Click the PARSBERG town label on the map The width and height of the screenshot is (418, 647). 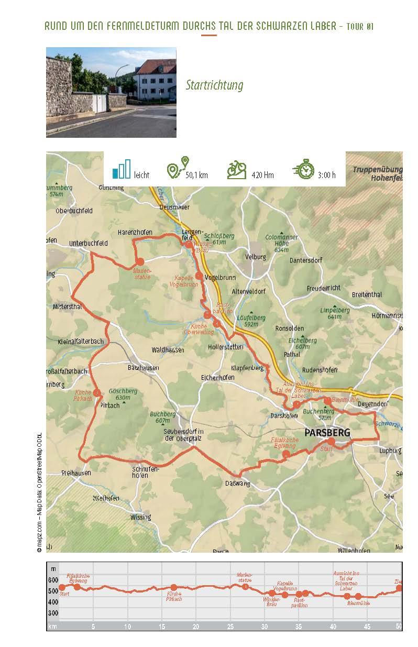pyautogui.click(x=327, y=432)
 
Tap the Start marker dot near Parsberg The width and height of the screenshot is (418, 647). pyautogui.click(x=331, y=442)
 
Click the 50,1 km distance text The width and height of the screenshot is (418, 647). pyautogui.click(x=196, y=175)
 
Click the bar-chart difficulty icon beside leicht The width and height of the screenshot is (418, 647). pyautogui.click(x=121, y=169)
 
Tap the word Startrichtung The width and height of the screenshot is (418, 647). pyautogui.click(x=214, y=85)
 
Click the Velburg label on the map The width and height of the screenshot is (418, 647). pyautogui.click(x=256, y=257)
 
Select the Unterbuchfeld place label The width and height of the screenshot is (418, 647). pyautogui.click(x=89, y=244)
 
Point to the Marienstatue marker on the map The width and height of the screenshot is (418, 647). pyautogui.click(x=140, y=261)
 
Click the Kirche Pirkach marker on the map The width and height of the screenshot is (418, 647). pyautogui.click(x=97, y=393)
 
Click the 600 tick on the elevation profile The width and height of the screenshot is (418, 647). pyautogui.click(x=53, y=580)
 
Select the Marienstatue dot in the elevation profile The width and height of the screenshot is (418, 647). pyautogui.click(x=245, y=586)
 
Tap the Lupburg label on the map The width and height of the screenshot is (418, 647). pyautogui.click(x=390, y=450)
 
